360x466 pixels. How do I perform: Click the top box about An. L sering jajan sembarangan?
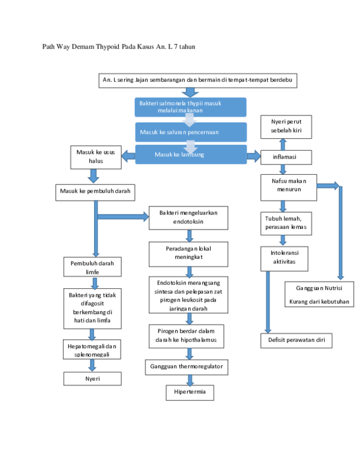pos(197,80)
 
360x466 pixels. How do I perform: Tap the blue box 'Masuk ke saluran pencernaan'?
pos(190,132)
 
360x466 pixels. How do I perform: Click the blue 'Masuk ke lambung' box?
pos(190,154)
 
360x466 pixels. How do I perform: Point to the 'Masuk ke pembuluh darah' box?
pos(95,192)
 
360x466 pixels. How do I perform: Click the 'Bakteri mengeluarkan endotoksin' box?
pos(188,217)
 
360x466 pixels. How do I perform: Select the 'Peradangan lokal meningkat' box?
pos(188,253)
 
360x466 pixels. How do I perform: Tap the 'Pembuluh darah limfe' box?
pos(92,267)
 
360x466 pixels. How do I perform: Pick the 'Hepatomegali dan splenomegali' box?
pos(92,349)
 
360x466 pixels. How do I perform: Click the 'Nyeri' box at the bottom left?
pos(92,379)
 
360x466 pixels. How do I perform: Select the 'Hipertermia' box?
pos(190,393)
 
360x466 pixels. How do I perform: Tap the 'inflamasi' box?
pos(286,157)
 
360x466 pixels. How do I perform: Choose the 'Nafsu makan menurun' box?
pos(289,187)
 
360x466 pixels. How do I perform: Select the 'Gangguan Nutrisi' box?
pos(319,294)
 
